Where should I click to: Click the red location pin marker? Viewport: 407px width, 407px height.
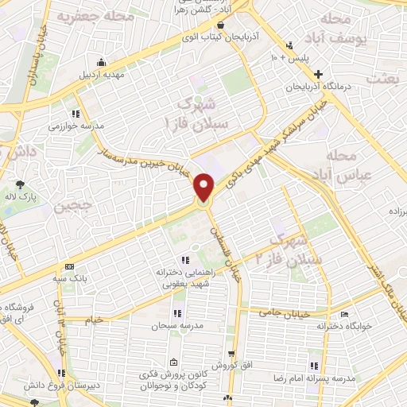(x=205, y=188)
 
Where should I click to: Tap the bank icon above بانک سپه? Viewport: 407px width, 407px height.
(x=69, y=266)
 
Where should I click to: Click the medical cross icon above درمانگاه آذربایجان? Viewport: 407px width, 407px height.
(x=318, y=73)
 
